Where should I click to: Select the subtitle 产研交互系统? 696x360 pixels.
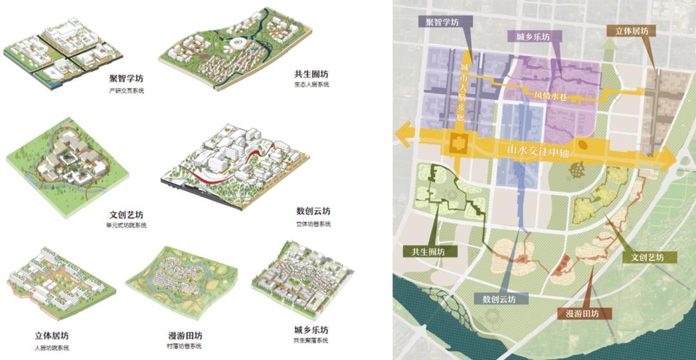(126, 91)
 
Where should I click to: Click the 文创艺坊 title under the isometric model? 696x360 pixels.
(126, 214)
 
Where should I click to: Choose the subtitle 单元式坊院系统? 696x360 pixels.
(126, 225)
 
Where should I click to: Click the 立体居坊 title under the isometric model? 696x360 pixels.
(52, 336)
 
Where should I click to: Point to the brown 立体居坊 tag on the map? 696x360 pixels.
(631, 31)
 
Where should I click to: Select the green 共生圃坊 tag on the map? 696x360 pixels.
(423, 251)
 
